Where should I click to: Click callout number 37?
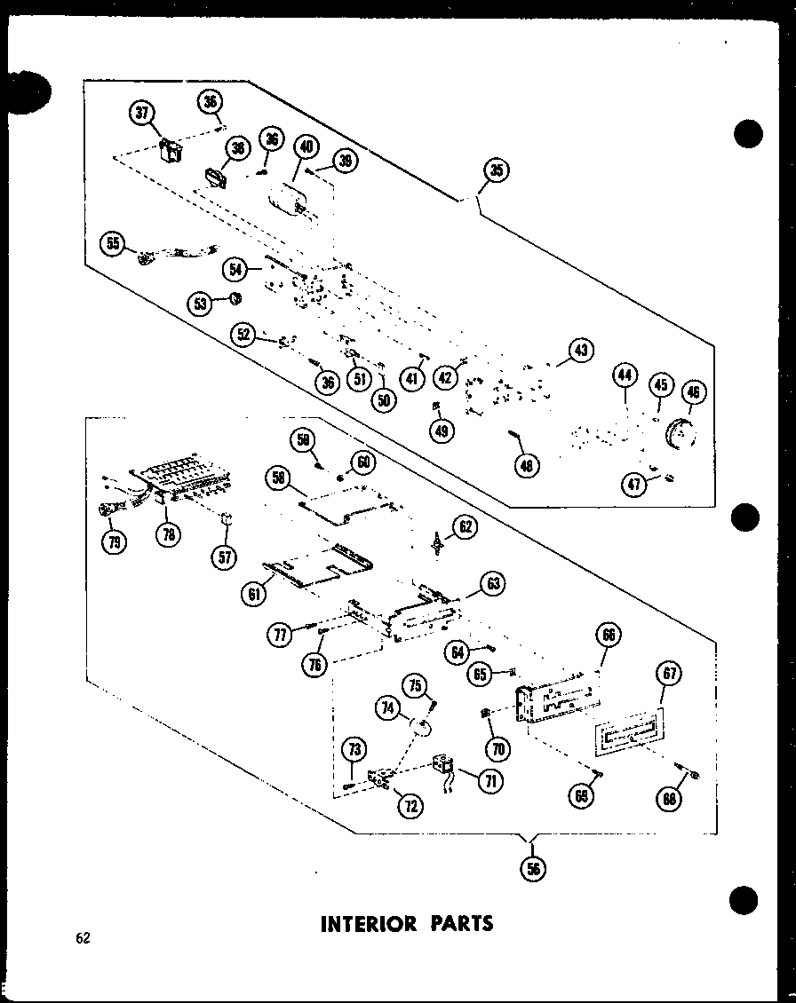click(x=141, y=113)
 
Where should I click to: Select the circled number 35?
click(x=498, y=171)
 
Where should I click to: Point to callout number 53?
click(x=200, y=304)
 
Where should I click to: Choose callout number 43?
click(x=581, y=351)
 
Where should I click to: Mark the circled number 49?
click(x=442, y=430)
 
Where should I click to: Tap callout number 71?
click(x=489, y=780)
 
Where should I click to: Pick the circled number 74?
click(x=387, y=709)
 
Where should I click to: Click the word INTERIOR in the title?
click(x=368, y=923)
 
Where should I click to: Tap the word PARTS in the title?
click(x=459, y=923)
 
